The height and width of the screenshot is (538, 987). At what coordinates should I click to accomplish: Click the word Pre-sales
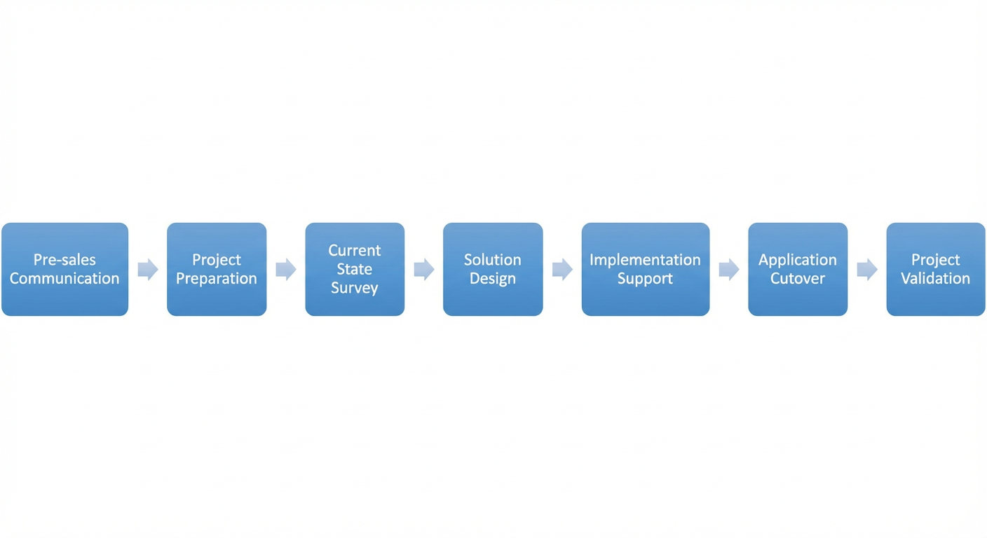point(64,260)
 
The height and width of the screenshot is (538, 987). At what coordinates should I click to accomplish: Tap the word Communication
point(64,278)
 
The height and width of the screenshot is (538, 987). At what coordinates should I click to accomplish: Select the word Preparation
point(217,279)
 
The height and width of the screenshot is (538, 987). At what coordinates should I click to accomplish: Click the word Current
point(355,251)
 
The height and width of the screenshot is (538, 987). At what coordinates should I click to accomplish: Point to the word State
point(355,269)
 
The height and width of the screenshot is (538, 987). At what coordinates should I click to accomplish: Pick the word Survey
point(355,289)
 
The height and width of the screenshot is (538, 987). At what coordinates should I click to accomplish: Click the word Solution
point(493,260)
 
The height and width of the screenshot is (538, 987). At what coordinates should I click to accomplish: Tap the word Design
point(493,279)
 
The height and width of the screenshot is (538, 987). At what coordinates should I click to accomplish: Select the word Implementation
point(645,261)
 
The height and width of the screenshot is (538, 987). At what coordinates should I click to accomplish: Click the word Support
point(645,279)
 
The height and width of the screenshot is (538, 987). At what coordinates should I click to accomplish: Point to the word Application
point(798,261)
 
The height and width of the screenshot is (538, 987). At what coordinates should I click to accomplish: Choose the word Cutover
point(798,278)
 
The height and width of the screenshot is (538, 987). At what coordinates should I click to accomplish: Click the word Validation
point(935,278)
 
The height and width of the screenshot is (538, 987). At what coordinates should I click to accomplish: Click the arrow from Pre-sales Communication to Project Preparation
point(148,270)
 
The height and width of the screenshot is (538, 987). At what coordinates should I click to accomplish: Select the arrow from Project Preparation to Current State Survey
point(286,270)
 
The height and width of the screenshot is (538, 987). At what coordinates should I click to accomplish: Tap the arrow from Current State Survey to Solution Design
point(424,270)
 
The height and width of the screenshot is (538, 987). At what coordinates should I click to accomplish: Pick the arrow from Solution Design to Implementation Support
point(563,270)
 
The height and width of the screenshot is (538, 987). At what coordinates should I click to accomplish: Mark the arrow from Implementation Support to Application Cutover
point(729,270)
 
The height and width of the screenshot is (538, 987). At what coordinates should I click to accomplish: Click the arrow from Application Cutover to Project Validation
point(867,270)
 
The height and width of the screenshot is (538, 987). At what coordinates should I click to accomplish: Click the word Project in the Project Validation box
point(935,261)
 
